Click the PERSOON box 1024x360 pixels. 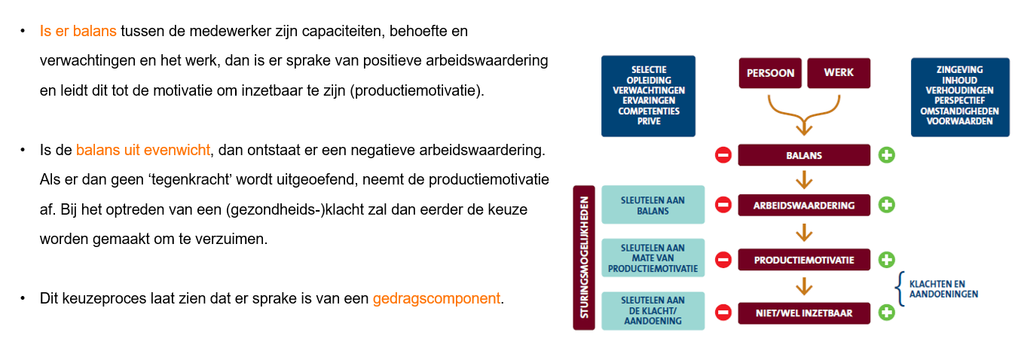(x=770, y=73)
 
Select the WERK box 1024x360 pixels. (x=839, y=73)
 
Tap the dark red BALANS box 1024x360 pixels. (x=804, y=155)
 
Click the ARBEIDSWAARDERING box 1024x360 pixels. (x=804, y=205)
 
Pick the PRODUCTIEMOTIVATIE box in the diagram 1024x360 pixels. (x=804, y=260)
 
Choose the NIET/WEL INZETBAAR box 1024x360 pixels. (x=804, y=313)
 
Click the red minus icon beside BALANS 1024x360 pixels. (x=723, y=155)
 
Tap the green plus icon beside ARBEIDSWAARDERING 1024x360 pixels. (x=887, y=205)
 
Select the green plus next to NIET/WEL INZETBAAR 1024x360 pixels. (x=887, y=313)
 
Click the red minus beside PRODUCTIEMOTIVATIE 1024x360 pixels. (x=723, y=260)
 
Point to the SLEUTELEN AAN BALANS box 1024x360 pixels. (x=653, y=205)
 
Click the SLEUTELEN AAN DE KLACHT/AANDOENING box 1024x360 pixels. (x=653, y=310)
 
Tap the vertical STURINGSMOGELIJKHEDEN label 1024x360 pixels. (x=584, y=258)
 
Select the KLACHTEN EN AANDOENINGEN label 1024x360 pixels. (x=943, y=289)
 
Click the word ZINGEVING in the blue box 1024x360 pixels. (x=959, y=70)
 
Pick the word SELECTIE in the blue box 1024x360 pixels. (x=649, y=70)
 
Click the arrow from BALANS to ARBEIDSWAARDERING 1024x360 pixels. (x=804, y=180)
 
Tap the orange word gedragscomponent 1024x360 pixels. (x=436, y=299)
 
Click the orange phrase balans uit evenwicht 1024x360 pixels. (x=143, y=150)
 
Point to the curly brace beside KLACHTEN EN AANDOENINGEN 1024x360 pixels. (x=900, y=288)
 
